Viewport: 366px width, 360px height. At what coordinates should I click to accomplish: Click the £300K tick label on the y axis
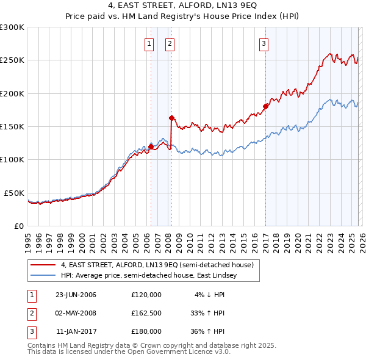click(x=12, y=27)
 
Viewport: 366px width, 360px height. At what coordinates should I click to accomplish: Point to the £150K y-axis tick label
click(x=12, y=127)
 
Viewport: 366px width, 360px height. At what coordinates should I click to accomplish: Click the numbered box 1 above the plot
click(x=149, y=43)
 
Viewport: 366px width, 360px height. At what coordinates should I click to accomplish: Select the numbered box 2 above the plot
click(x=169, y=43)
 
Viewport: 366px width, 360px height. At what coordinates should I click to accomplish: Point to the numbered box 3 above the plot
click(x=264, y=43)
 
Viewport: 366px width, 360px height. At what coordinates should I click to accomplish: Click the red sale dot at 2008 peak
click(x=172, y=118)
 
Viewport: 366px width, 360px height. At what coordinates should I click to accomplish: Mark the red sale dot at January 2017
click(x=265, y=106)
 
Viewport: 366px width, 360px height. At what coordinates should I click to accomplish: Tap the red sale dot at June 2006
click(x=151, y=146)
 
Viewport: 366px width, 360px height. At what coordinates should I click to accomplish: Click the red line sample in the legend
click(x=43, y=265)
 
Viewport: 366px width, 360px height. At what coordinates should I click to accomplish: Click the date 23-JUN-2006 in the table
click(x=76, y=295)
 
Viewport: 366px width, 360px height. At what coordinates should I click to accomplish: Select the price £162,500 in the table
click(x=146, y=313)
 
